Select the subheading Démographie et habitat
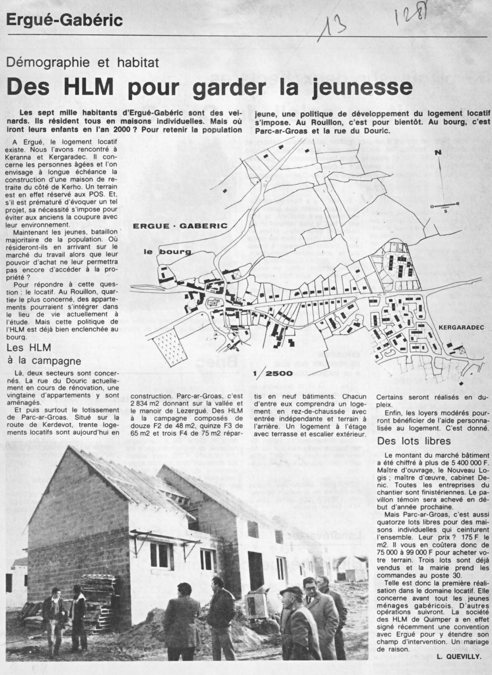(83, 62)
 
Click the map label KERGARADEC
(461, 328)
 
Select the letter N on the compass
(437, 153)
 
